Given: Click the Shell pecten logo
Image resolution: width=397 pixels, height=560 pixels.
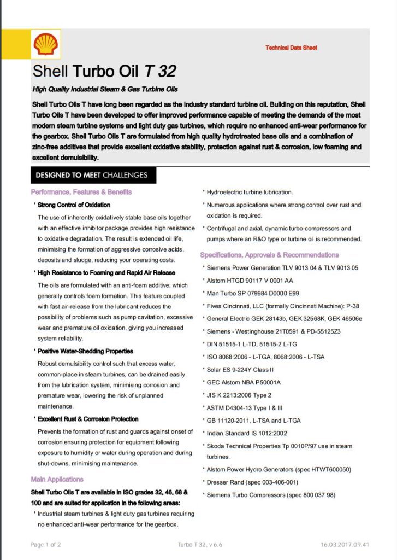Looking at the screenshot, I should tap(46, 45).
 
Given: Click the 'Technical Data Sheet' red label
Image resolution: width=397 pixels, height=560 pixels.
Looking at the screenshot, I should tap(291, 48).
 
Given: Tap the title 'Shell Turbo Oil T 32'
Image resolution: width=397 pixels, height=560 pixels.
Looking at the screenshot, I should tap(104, 71).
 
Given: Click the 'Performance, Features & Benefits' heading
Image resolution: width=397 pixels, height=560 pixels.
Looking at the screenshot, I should tap(81, 192).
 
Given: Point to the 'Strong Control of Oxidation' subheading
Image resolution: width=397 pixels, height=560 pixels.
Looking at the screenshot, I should tap(74, 205).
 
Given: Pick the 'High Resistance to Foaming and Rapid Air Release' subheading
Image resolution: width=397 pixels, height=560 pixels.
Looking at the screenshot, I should tap(106, 272).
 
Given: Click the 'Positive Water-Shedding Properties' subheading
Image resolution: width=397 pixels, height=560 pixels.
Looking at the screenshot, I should tap(85, 351).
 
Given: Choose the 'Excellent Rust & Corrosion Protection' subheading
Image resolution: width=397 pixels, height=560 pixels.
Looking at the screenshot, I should tap(88, 419).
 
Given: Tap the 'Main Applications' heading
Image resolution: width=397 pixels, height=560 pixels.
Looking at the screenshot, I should tap(57, 479).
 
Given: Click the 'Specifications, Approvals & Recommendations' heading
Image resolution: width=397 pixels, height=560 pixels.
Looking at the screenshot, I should tap(269, 255).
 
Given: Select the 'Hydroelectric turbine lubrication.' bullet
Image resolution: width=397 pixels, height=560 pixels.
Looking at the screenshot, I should tap(250, 192).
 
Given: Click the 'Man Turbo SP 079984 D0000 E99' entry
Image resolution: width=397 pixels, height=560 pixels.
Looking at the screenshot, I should tap(254, 293).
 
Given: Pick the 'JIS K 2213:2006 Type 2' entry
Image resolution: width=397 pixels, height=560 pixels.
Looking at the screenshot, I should tap(239, 395).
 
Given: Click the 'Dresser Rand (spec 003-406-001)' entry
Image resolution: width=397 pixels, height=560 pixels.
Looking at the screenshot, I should tap(252, 482).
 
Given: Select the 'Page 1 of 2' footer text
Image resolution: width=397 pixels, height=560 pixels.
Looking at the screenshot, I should tap(46, 545).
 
